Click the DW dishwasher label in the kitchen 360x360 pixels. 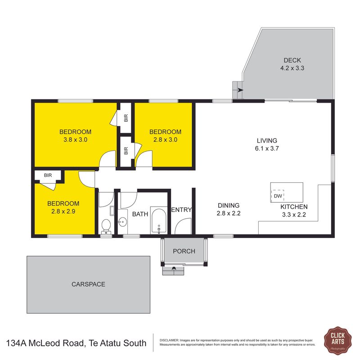(278, 196)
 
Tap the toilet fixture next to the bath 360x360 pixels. (106, 227)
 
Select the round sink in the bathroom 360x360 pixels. (122, 222)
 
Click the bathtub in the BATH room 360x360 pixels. (159, 220)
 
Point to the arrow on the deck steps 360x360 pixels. (240, 90)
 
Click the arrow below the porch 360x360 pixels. (174, 268)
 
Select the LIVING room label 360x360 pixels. (267, 140)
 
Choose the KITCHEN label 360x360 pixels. (294, 207)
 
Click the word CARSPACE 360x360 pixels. (88, 284)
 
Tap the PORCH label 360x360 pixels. (184, 251)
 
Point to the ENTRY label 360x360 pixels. (181, 210)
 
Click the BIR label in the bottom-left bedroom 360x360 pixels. (48, 175)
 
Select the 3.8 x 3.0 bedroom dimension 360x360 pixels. (75, 139)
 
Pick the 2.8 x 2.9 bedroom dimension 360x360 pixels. (63, 211)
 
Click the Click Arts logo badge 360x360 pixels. (337, 340)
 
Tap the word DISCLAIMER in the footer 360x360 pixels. (169, 340)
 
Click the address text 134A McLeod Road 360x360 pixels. (46, 343)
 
